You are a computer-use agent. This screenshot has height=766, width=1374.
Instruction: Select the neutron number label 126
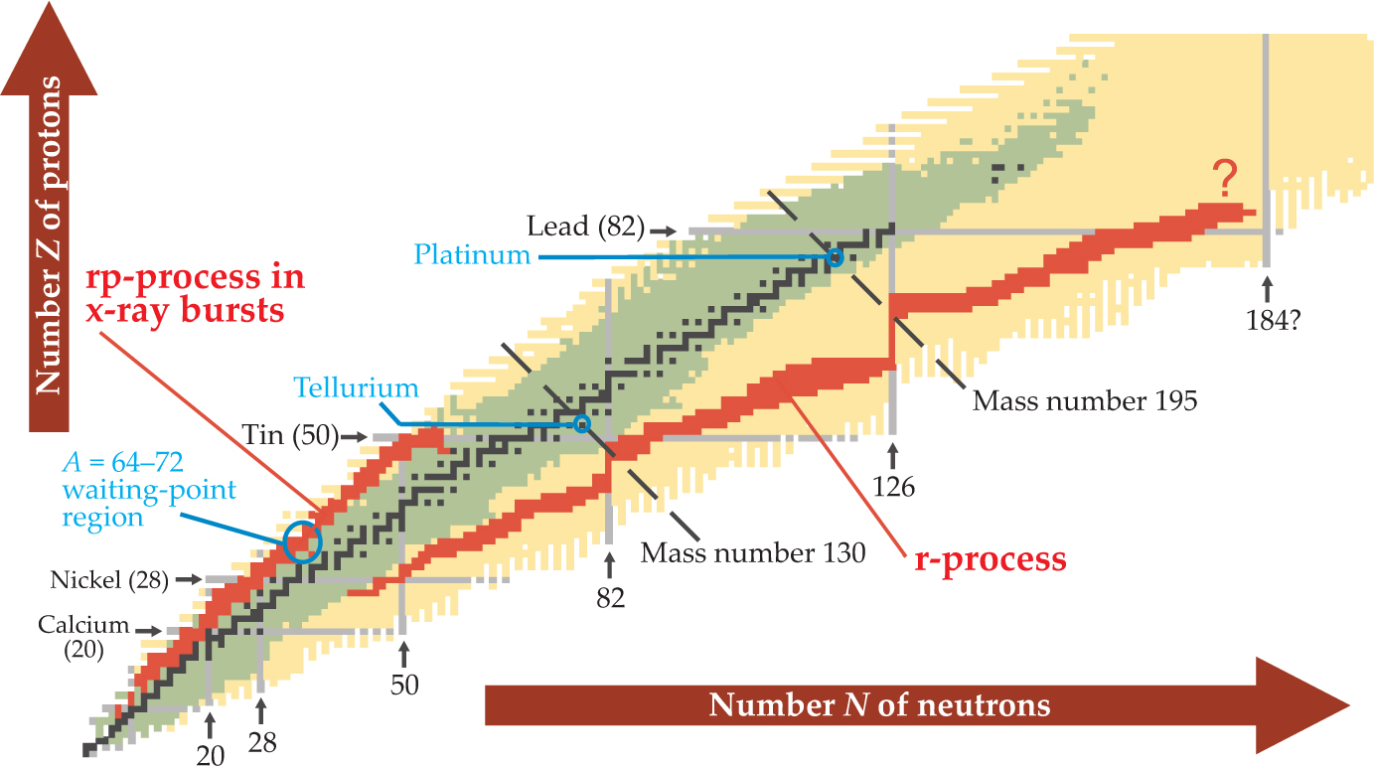[x=893, y=487]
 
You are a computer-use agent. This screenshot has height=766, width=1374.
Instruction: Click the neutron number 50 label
[x=404, y=685]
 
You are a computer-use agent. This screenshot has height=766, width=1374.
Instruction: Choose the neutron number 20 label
[x=211, y=754]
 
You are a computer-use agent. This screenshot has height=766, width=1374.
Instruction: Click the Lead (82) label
[x=586, y=227]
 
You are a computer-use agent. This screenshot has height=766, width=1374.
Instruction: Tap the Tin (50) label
[x=289, y=434]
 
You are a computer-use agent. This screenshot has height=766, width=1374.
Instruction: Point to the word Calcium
[x=84, y=625]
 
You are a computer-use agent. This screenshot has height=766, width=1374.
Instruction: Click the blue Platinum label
[x=473, y=254]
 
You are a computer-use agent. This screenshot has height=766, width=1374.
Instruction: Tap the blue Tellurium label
[x=356, y=387]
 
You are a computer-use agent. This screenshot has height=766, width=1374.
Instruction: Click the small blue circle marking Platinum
[x=835, y=258]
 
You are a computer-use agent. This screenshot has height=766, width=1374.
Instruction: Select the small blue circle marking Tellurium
[x=582, y=424]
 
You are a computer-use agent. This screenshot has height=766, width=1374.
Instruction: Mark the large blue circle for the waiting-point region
[x=302, y=541]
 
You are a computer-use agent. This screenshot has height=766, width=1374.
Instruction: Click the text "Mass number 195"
[x=1084, y=401]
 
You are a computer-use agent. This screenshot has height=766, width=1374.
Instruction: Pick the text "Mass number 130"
[x=752, y=551]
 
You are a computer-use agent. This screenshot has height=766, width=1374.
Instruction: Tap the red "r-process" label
[x=990, y=559]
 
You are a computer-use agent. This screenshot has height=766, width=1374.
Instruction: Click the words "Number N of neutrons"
[x=879, y=705]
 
